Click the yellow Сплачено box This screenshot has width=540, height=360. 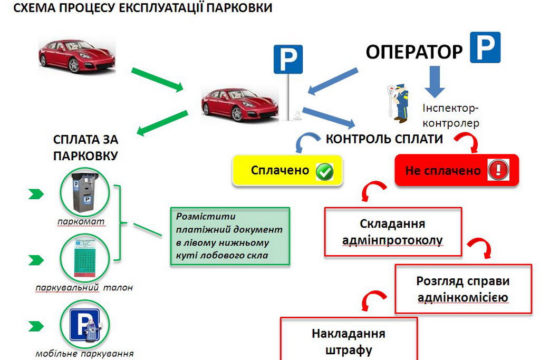click(x=287, y=170)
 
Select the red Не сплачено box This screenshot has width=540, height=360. click(x=457, y=170)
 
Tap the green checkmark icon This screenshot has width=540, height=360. click(x=324, y=172)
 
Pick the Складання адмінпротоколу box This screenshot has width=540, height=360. click(x=393, y=232)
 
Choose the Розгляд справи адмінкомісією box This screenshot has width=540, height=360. click(x=462, y=289)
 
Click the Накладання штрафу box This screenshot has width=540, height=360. click(x=349, y=340)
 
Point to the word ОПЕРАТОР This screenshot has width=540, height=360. click(x=414, y=52)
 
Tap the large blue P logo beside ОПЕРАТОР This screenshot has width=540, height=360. click(x=485, y=47)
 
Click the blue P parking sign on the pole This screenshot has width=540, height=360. click(x=288, y=59)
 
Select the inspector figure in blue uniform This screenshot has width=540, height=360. click(x=399, y=102)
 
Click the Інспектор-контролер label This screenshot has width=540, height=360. click(x=450, y=116)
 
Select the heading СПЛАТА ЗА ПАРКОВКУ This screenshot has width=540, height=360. click(x=85, y=148)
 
